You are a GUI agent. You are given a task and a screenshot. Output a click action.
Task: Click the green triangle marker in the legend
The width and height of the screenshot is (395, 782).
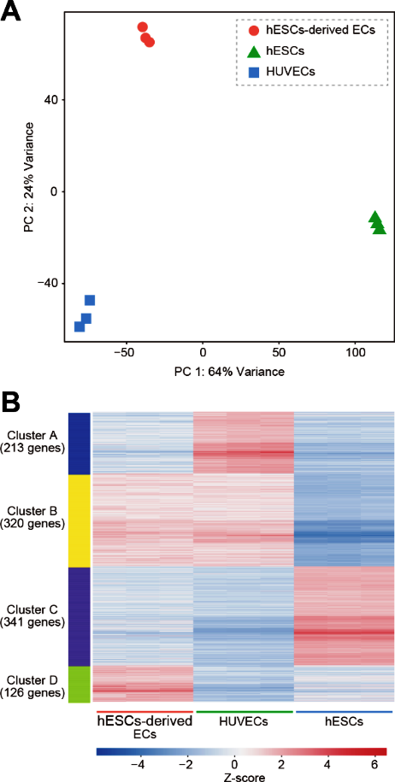(x=254, y=51)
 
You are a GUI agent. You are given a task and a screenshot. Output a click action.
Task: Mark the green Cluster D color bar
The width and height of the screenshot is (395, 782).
(x=79, y=684)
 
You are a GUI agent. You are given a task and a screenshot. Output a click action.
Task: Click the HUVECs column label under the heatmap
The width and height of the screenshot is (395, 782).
(x=244, y=721)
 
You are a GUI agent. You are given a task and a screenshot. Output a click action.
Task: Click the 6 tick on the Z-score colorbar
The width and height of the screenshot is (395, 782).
(x=375, y=763)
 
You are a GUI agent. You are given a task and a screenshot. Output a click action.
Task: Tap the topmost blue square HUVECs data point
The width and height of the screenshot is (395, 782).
(x=90, y=300)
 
